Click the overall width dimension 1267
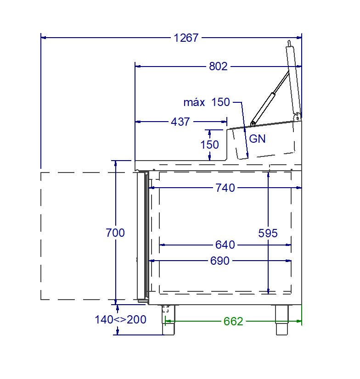coord(186,38)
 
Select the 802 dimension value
coord(218,67)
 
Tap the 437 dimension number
coord(180,122)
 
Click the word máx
coord(194,102)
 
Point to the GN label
coord(257,139)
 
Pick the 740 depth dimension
coord(225,188)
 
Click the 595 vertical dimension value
coord(268,233)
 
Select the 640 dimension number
coord(225,245)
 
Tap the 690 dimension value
coord(219,261)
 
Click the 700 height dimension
coord(115,233)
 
